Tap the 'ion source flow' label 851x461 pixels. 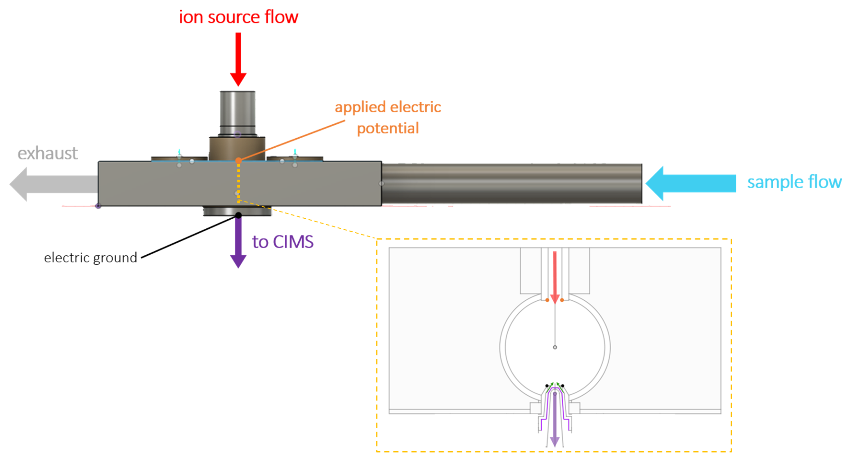(238, 17)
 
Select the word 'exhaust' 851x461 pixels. (48, 154)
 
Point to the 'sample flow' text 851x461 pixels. (794, 182)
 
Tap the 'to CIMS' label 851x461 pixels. (282, 242)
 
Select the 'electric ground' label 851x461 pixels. (90, 258)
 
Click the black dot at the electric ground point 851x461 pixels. (238, 215)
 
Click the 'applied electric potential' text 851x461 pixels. (388, 118)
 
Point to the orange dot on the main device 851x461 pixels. (238, 160)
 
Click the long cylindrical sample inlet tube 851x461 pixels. (511, 184)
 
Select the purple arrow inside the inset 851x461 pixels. (555, 419)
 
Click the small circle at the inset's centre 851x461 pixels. (555, 347)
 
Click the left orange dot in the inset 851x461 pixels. (547, 300)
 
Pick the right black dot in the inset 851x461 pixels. (563, 386)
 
